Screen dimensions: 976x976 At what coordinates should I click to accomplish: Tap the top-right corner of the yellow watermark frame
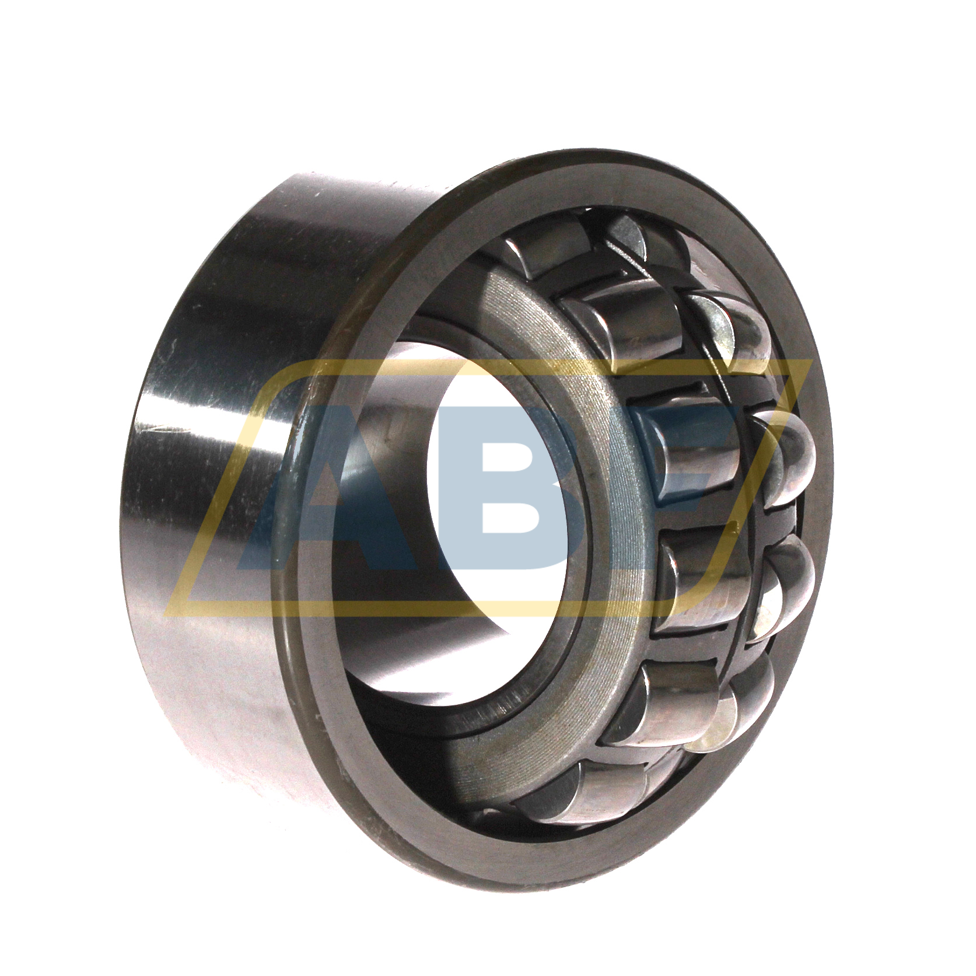[x=811, y=362]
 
